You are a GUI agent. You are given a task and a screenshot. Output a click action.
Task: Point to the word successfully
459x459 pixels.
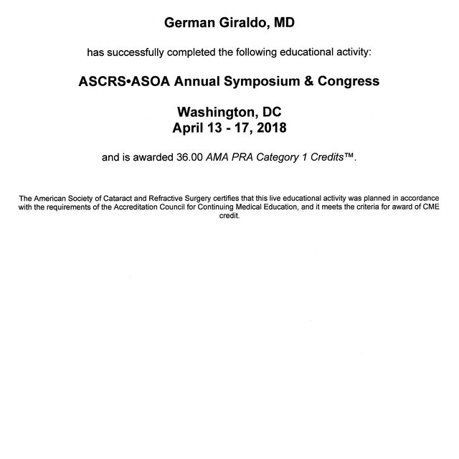pyautogui.click(x=156, y=52)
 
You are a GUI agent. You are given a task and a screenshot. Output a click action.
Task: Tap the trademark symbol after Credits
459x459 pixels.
pyautogui.click(x=349, y=156)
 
